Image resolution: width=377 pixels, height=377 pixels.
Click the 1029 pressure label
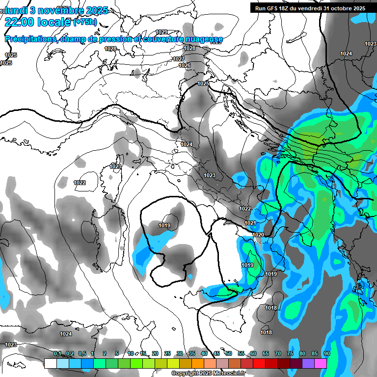click(x=162, y=32)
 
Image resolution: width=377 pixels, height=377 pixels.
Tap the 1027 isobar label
click(x=179, y=59)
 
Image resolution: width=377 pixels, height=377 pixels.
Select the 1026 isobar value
click(x=185, y=65)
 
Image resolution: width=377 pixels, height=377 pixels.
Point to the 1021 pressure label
click(x=250, y=223)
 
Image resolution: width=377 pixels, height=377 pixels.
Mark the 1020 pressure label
click(x=258, y=235)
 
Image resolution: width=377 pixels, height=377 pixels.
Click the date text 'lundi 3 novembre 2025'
click(x=55, y=10)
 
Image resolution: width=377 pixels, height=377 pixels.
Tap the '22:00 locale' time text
click(x=38, y=22)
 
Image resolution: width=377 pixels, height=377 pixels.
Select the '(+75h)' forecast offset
click(x=85, y=22)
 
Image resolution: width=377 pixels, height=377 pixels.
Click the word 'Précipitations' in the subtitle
click(x=29, y=39)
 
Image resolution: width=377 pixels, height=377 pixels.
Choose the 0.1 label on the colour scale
click(x=57, y=354)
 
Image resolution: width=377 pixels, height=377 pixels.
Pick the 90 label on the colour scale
click(x=326, y=354)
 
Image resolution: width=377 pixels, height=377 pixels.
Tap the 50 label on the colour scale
click(x=229, y=354)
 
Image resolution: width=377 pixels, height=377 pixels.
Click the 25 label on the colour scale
click(x=167, y=354)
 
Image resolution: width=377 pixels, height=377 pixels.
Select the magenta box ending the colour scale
click(x=321, y=363)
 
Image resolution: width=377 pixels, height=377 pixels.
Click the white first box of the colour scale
click(x=50, y=363)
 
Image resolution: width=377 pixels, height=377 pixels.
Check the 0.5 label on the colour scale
click(x=81, y=354)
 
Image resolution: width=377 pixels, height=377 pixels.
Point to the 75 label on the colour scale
click(x=290, y=354)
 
